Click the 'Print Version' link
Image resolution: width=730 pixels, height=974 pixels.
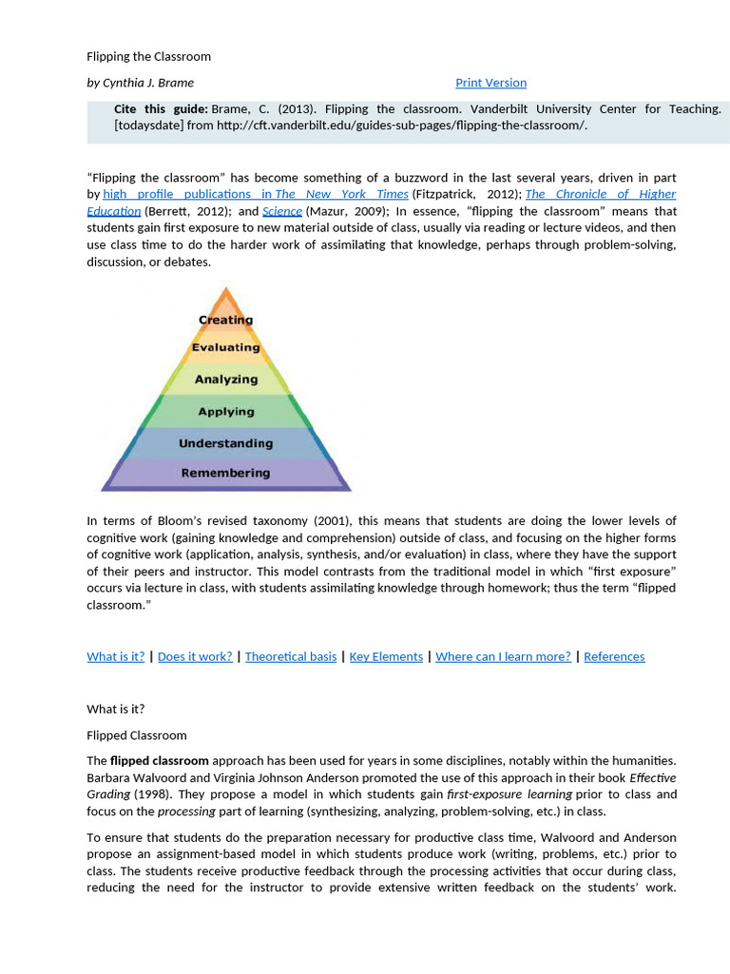[x=490, y=83]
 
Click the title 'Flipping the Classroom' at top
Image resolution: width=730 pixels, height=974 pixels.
[x=148, y=56]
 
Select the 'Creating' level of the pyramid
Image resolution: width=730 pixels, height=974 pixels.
[x=225, y=320]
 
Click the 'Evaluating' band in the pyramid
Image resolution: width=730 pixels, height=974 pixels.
[x=225, y=347]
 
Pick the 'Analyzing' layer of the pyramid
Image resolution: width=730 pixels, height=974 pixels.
[x=225, y=379]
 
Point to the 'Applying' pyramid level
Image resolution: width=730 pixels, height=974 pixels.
[x=225, y=412]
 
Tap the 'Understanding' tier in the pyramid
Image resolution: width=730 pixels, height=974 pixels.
[x=225, y=443]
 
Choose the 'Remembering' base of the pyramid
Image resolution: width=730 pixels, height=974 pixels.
[x=225, y=473]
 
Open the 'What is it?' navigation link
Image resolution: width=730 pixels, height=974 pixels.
[x=116, y=656]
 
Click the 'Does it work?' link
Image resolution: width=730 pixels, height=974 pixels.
[x=195, y=656]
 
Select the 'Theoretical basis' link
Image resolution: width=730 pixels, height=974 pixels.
[x=291, y=656]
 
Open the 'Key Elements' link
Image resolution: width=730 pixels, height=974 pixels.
[x=386, y=656]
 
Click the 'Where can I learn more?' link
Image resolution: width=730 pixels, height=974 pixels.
[x=503, y=656]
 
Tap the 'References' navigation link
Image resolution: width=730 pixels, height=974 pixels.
[x=614, y=656]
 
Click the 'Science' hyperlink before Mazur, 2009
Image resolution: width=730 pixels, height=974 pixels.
[x=282, y=211]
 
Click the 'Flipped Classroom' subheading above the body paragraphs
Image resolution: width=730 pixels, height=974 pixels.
[x=137, y=735]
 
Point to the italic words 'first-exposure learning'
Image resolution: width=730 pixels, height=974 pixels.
[x=525, y=794]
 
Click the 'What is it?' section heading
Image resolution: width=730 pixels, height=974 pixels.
[x=116, y=709]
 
